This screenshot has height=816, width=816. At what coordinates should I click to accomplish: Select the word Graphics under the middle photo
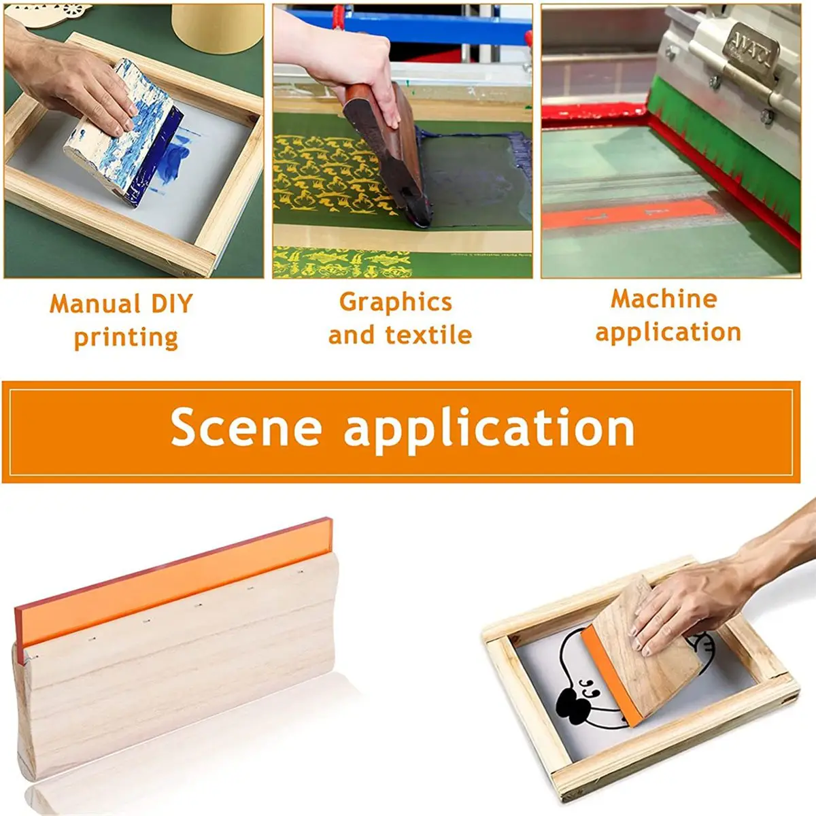(395, 302)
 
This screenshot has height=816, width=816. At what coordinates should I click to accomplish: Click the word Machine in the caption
(664, 299)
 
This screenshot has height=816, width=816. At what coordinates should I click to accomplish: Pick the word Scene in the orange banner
(245, 428)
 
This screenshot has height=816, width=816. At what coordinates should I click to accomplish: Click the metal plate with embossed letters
(745, 51)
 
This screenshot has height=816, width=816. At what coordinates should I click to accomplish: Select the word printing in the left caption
(126, 337)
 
